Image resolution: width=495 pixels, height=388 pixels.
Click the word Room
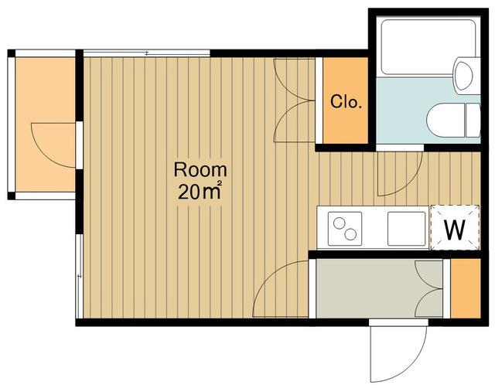(x=200, y=170)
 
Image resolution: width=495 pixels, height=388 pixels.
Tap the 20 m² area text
(x=200, y=191)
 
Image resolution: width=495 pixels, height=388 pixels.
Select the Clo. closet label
(x=346, y=101)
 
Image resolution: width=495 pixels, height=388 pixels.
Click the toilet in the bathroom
(x=453, y=120)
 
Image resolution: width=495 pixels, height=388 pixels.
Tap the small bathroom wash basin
(x=464, y=76)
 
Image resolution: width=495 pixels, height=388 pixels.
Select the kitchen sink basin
(x=407, y=228)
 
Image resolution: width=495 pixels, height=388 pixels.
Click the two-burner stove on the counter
(x=345, y=228)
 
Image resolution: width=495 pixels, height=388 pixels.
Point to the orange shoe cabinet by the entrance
(x=466, y=288)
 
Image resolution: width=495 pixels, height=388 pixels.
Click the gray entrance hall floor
(x=379, y=288)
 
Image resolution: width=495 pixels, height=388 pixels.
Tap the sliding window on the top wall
(x=146, y=53)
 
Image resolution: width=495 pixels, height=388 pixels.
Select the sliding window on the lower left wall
(x=79, y=276)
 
